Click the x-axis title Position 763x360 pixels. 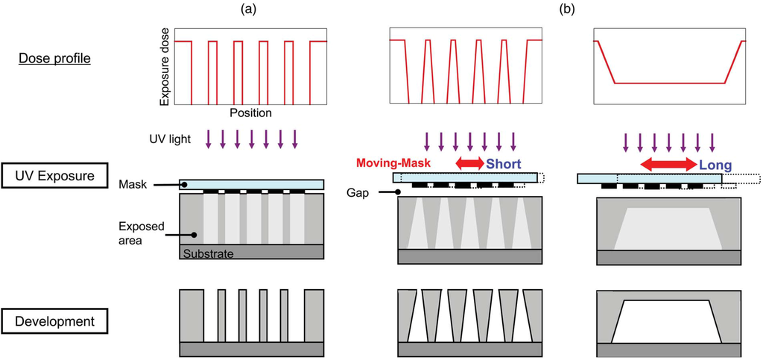[x=250, y=114]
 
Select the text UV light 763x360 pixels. [x=170, y=139]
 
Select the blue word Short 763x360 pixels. [x=503, y=163]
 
